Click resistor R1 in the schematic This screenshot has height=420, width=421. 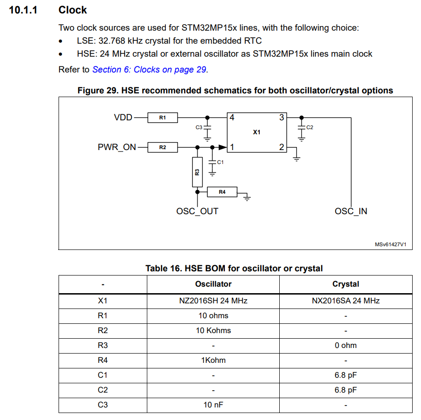point(162,118)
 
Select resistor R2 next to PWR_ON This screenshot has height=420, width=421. point(162,147)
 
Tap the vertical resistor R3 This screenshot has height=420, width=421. point(197,172)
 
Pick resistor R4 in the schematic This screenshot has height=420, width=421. point(222,192)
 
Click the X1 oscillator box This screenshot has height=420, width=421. point(257,132)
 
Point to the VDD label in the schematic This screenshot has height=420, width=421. point(123,118)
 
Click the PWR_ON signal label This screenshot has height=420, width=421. point(117,147)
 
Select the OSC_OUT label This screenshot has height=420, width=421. point(197,211)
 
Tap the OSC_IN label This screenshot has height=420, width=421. point(351,211)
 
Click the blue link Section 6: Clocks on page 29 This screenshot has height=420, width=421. point(149,70)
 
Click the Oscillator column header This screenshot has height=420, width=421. point(213,284)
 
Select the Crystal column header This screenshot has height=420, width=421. point(345,284)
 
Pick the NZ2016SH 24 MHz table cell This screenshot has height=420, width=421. point(213,301)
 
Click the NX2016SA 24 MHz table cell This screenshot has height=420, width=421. point(345,301)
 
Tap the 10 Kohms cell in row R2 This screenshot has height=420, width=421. point(213,330)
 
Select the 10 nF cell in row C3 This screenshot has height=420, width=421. point(213,405)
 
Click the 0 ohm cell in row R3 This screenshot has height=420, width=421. point(345,345)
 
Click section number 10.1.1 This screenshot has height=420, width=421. point(23,10)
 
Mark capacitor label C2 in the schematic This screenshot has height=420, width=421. point(310,127)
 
